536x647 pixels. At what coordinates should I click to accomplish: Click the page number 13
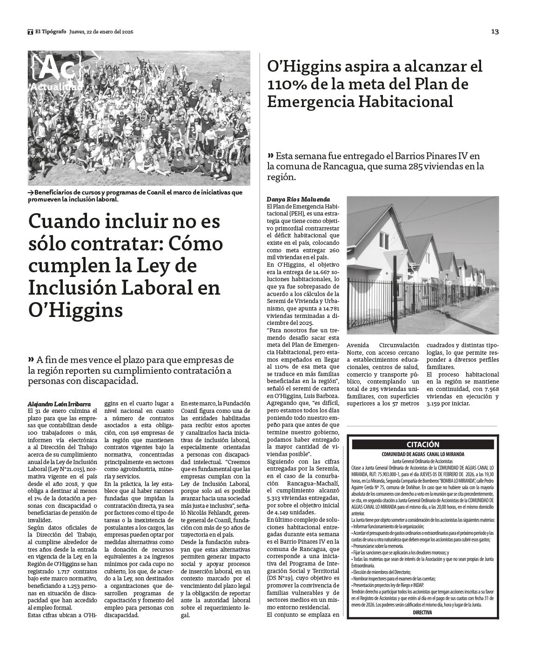point(495,32)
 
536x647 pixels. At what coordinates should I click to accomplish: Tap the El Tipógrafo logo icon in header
point(30,32)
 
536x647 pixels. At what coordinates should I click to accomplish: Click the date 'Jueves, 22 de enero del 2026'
point(101,32)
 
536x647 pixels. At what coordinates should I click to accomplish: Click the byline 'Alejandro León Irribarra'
point(59,404)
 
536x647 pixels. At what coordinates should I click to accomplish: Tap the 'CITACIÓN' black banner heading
point(422,444)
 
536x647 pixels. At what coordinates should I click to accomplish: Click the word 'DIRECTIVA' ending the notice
point(422,613)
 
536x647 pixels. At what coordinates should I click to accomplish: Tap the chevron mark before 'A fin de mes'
point(31,359)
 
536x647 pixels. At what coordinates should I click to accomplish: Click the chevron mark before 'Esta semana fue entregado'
point(270,155)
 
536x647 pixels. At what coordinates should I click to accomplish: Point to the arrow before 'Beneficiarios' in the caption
point(31,192)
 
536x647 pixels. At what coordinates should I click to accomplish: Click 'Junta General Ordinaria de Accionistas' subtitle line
point(422,460)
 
